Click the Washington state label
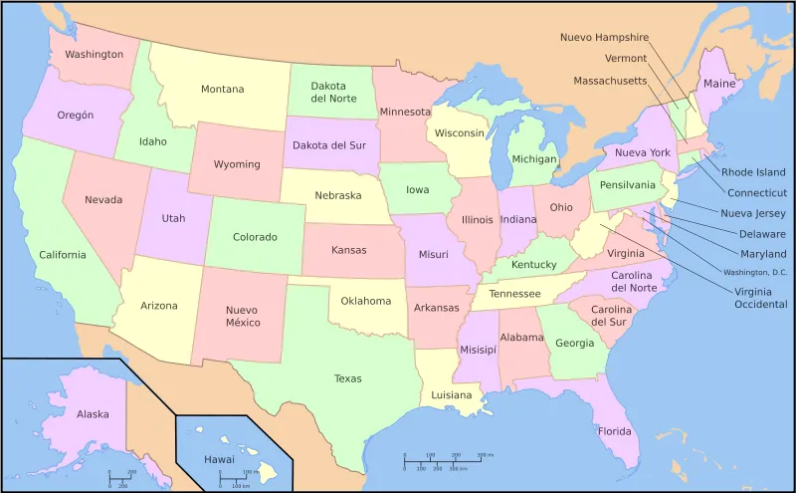click(94, 55)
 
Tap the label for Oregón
click(75, 116)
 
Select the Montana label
click(222, 90)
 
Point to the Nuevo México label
click(242, 316)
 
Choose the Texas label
click(348, 378)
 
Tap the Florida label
click(614, 431)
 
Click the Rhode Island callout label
click(753, 172)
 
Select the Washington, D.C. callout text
click(754, 272)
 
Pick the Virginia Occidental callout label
click(760, 297)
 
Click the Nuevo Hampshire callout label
click(604, 38)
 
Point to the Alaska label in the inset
click(93, 413)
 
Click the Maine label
click(719, 85)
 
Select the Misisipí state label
click(477, 350)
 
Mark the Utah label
click(173, 218)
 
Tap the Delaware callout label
click(762, 234)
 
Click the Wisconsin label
click(459, 133)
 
